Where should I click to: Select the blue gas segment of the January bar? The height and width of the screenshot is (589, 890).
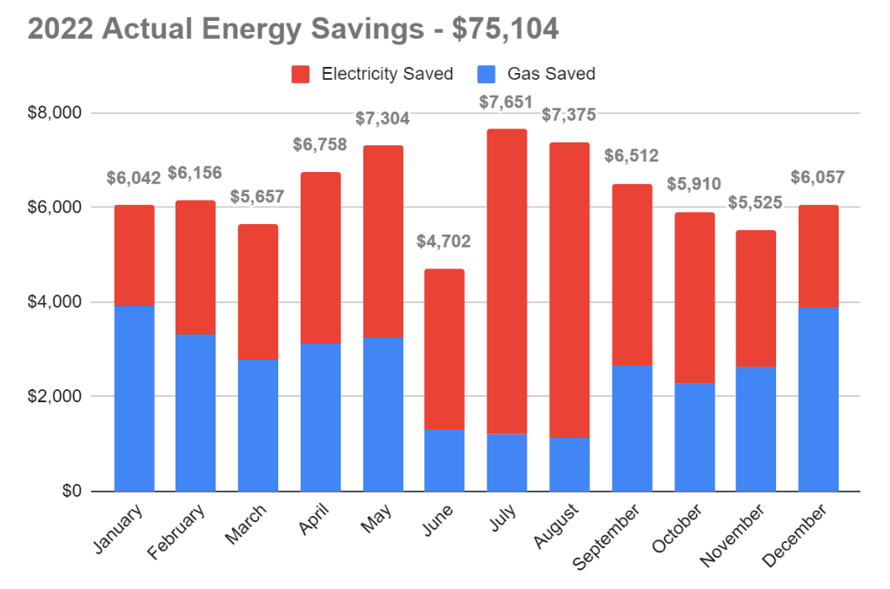(x=134, y=398)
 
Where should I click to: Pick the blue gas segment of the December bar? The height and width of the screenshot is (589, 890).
(x=819, y=399)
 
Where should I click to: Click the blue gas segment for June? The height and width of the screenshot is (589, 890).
(x=444, y=460)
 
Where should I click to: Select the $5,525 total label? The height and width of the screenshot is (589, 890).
(x=756, y=203)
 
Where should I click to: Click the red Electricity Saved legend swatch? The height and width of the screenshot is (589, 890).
(x=301, y=75)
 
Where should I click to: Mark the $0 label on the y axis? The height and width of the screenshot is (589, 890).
(x=68, y=492)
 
